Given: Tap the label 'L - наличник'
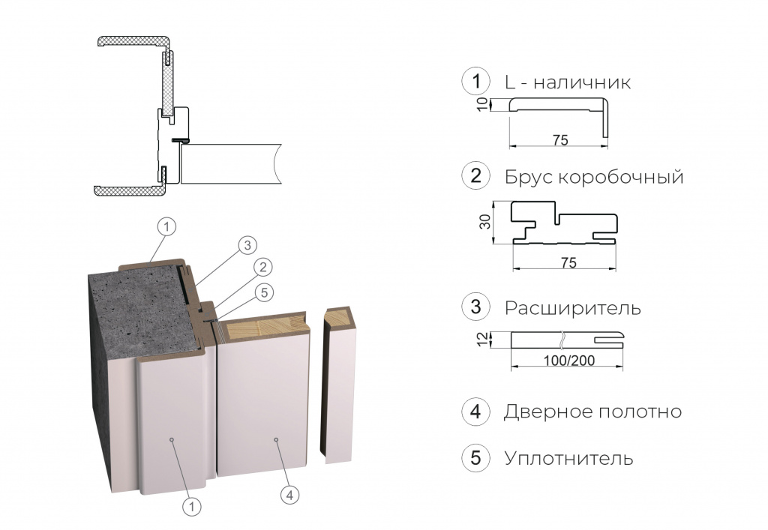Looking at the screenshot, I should tap(568, 82).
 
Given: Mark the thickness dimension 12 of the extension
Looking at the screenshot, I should tap(484, 340).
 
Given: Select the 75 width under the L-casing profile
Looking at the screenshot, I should tap(559, 140).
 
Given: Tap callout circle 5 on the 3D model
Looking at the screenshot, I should tap(262, 294).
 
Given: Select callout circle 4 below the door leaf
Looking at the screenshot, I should tap(289, 494).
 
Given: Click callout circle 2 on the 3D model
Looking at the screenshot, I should tap(262, 266).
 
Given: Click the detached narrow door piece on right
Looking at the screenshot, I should tap(340, 390).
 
